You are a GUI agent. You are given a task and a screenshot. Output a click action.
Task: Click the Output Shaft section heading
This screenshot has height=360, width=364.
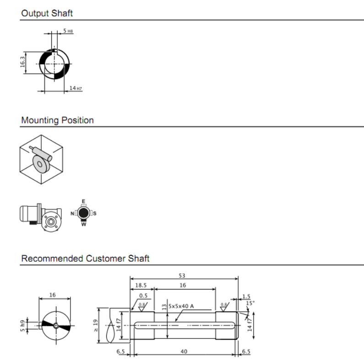pos(47,13)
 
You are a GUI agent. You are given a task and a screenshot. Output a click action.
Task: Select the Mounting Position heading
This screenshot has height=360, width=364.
pos(57,120)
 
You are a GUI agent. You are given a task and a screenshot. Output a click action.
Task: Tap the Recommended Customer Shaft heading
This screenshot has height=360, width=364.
pos(85,258)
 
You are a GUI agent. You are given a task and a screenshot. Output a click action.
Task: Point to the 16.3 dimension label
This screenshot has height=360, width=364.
pos(22,62)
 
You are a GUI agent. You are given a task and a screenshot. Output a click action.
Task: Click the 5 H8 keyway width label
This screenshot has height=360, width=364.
pos(68,31)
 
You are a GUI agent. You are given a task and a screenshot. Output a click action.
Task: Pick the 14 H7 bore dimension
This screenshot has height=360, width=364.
pos(76,88)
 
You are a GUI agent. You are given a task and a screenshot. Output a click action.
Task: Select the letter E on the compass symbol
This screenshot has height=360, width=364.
pos(84,201)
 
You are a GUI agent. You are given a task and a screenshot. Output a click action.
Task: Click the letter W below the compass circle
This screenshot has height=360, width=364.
pos(84,224)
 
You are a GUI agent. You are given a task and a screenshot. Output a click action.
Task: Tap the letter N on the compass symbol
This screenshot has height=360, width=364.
pos(72,214)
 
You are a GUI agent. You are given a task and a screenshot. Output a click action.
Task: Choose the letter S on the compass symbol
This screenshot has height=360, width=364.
pos(94,214)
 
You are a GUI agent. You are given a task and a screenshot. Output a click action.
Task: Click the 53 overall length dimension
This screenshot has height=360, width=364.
pos(182,275)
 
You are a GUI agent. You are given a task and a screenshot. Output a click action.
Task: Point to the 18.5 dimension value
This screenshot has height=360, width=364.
pos(141,285)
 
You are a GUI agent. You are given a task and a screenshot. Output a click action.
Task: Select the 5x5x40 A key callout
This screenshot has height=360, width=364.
pos(181,306)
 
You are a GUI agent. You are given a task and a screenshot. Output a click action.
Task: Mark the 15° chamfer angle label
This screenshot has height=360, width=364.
pos(250,303)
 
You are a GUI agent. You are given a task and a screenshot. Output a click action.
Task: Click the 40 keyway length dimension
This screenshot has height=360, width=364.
pos(184,351)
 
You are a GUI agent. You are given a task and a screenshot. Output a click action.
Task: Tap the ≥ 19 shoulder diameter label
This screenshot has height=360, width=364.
pos(96,325)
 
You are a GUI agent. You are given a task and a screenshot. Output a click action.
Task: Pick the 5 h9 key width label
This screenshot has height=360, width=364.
pos(22,326)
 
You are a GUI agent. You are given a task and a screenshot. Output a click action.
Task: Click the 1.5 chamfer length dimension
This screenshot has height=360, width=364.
pos(246,296)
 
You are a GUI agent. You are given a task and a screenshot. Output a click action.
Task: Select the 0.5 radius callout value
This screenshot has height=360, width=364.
pos(143,296)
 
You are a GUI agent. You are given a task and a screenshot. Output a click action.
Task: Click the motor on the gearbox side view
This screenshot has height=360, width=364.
pos(28,214)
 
